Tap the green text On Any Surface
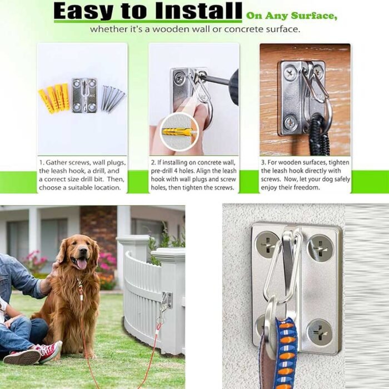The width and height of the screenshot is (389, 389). (x=292, y=15)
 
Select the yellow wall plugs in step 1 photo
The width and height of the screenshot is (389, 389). (x=54, y=98)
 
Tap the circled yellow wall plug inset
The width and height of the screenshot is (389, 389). (x=178, y=132)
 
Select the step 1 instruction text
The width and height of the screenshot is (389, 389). (x=82, y=174)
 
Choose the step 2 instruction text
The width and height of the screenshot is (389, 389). (x=193, y=174)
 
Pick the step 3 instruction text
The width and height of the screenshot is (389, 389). (x=305, y=174)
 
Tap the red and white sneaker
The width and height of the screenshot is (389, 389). (x=47, y=352)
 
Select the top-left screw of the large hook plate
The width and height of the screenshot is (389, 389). (x=267, y=244)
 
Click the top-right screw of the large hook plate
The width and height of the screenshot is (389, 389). (x=321, y=247)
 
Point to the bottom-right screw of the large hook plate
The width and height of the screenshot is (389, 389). (x=320, y=332)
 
